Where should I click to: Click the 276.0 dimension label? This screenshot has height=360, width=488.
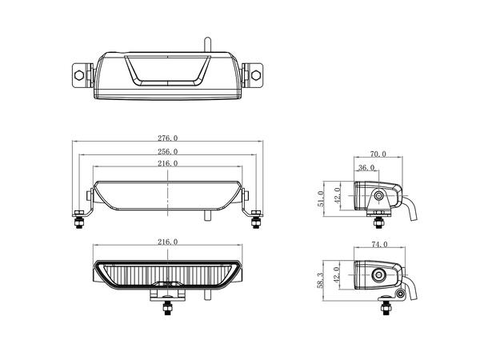pos(168,138)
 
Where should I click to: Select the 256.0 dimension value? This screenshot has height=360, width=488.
pos(168,150)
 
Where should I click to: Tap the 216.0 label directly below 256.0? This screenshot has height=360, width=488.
pos(168,164)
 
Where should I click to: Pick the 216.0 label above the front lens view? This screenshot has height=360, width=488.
pos(168,241)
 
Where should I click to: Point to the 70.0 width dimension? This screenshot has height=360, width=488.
pos(378,154)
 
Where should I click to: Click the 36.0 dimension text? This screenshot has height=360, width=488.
pos(366,167)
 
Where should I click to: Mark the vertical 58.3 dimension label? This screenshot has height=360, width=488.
pos(320,279)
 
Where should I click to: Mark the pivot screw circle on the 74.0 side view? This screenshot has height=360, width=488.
pos(378,276)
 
